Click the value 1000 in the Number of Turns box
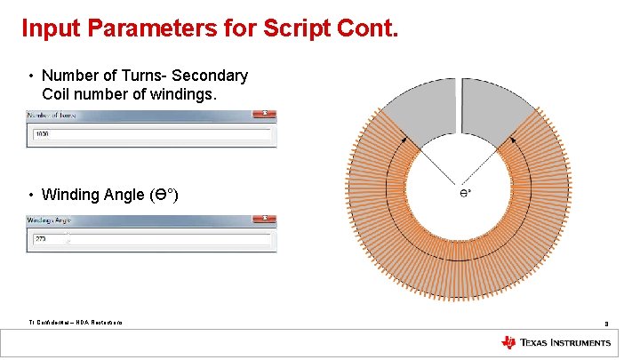click(41, 134)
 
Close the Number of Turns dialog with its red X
click(263, 115)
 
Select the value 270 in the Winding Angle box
click(40, 239)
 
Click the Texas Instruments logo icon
click(508, 343)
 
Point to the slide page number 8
click(606, 324)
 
